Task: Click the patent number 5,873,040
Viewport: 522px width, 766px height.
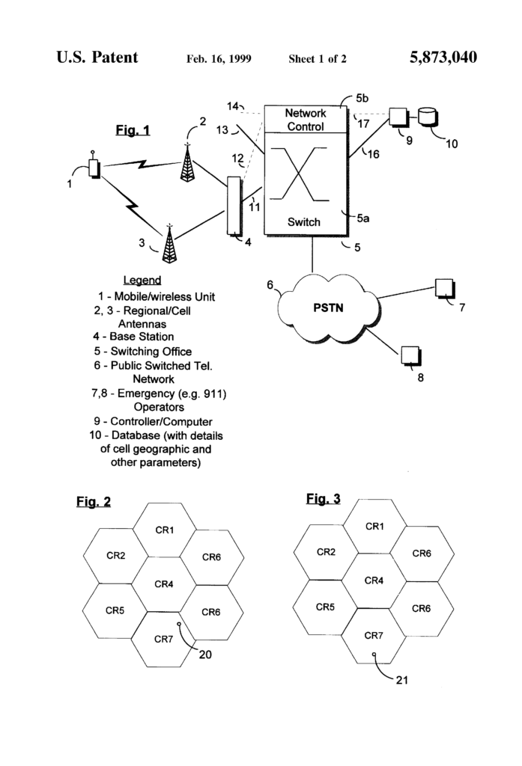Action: click(x=443, y=58)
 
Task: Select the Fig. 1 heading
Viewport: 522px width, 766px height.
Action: click(x=133, y=131)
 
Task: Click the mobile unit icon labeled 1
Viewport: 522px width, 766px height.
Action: click(x=94, y=168)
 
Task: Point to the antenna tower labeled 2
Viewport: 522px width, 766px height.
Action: click(x=187, y=162)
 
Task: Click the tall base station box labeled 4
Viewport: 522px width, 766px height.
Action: click(x=234, y=206)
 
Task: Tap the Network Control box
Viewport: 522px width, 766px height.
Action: click(x=306, y=120)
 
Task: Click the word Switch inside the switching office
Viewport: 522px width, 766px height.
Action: click(x=305, y=221)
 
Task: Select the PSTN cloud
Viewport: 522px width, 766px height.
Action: click(x=327, y=307)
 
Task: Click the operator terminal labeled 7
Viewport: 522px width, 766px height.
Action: click(x=443, y=289)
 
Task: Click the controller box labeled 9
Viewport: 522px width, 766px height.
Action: click(x=397, y=117)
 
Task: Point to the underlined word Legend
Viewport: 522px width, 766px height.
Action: click(x=142, y=280)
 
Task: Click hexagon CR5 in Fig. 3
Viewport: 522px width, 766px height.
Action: click(x=325, y=606)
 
